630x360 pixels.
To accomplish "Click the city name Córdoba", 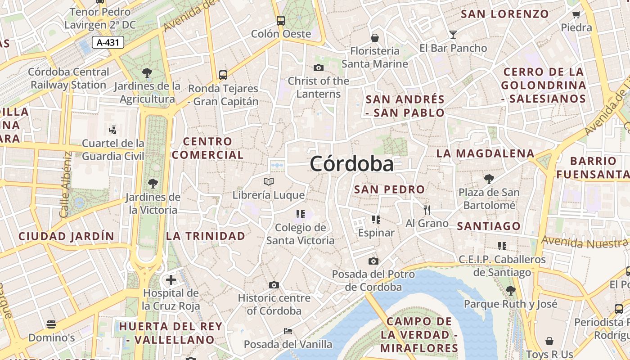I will [x=351, y=164].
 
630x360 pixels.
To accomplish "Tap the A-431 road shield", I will [x=108, y=43].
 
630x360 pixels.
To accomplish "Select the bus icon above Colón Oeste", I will [x=281, y=20].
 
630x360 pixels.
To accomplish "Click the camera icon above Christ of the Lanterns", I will [x=319, y=68].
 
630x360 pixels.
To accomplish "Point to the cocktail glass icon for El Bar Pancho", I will [x=453, y=34].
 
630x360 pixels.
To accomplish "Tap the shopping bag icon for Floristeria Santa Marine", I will [x=374, y=38].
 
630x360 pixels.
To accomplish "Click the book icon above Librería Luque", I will [x=269, y=182].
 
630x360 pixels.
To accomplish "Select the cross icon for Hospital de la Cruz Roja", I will [x=171, y=280].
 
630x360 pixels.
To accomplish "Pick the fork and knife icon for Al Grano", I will [x=427, y=210].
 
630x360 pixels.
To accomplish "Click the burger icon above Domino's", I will [x=51, y=324].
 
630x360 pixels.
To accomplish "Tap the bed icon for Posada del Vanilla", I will [x=288, y=331].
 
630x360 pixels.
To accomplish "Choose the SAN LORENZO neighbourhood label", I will [x=505, y=14].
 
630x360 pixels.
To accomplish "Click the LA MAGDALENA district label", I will [x=485, y=153].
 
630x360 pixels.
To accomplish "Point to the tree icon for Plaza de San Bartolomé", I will [x=489, y=179].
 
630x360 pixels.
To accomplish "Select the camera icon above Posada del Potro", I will [x=373, y=261].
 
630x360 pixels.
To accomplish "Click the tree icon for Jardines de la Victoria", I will [x=153, y=184].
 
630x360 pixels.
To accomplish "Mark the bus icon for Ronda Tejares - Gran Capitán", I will [x=223, y=75].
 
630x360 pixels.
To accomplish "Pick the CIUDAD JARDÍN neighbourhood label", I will [x=66, y=236].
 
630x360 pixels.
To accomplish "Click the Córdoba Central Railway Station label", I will [x=68, y=78].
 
